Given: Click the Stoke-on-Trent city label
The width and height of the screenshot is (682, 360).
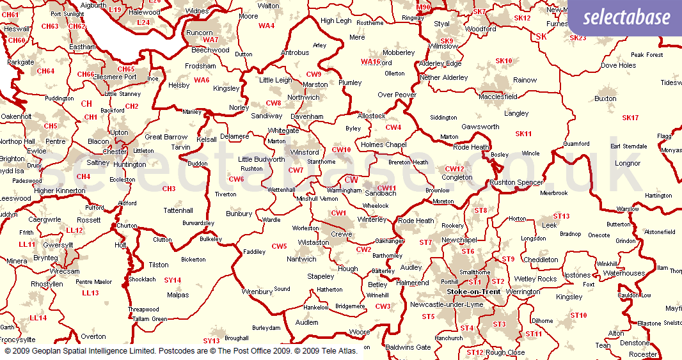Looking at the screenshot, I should [x=473, y=292].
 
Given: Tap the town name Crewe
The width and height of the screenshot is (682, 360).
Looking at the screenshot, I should [x=341, y=235].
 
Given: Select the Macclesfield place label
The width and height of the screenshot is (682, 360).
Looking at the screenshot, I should [x=498, y=97].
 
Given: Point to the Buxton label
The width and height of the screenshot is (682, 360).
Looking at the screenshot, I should [x=605, y=98].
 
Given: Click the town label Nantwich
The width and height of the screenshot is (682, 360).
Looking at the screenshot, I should [x=301, y=259].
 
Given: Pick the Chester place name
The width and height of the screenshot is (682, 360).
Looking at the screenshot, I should [x=115, y=152].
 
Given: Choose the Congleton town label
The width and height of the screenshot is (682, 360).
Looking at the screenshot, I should [x=457, y=177].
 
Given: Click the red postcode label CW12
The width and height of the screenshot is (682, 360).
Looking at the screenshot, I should [x=454, y=169].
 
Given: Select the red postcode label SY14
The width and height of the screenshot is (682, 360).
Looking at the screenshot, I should [x=173, y=280].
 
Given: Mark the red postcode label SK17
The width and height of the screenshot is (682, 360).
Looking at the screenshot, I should [x=630, y=118].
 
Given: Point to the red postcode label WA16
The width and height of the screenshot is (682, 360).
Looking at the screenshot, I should [x=370, y=62].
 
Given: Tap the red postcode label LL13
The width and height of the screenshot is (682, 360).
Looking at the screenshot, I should [x=90, y=293].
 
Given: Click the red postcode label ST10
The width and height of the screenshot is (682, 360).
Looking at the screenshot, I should [x=578, y=315].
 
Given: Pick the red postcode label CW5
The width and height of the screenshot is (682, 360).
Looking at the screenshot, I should [x=279, y=246].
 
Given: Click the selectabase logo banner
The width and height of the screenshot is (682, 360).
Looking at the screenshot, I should [x=624, y=18].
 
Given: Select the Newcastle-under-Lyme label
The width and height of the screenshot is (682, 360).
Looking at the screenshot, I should [x=447, y=304].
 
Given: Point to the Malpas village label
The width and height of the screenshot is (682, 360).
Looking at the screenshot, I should [x=178, y=295].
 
